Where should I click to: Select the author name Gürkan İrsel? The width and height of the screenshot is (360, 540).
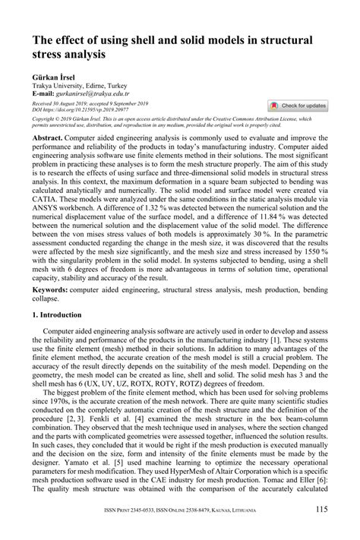pos(51,77)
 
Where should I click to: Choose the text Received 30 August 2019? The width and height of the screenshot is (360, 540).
pos(60,103)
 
